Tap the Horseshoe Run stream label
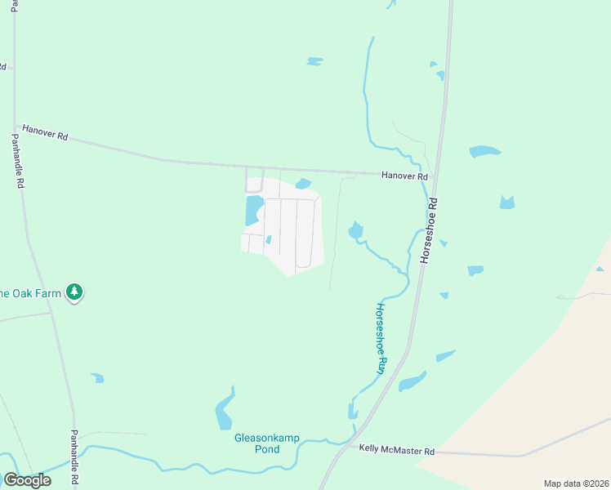point(380,339)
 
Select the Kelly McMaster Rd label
point(396,451)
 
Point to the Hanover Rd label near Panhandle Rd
point(45,131)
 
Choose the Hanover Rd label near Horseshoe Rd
point(404,176)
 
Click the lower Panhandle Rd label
point(74,457)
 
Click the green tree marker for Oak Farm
point(74,292)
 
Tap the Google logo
point(27,480)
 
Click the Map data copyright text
point(575,483)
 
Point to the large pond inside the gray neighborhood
point(252,211)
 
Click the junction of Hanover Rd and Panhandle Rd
point(15,125)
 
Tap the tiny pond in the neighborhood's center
point(268,239)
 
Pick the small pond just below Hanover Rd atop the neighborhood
point(303,183)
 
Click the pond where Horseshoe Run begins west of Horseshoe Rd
point(355,231)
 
